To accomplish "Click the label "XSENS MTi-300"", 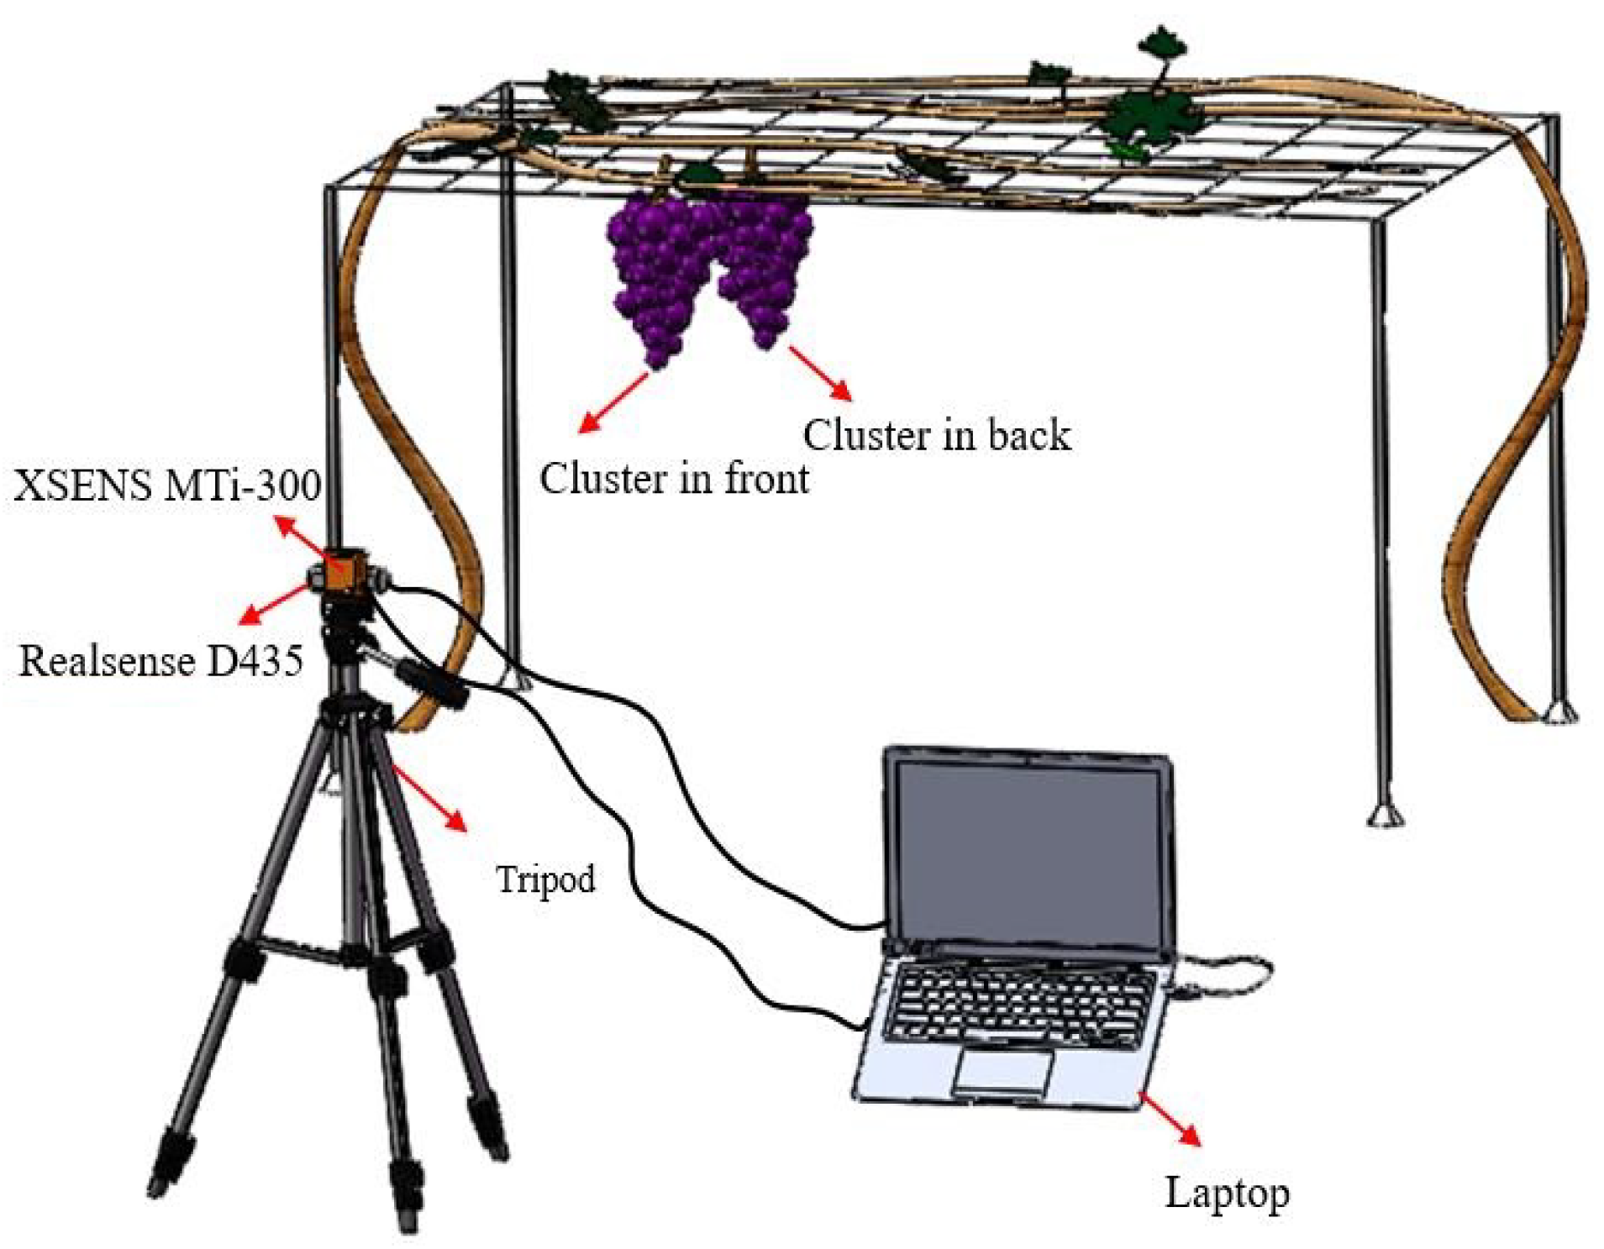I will coord(166,485).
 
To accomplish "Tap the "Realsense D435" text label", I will coord(160,661).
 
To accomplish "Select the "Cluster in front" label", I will coord(674,479).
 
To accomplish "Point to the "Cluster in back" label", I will coord(936,435).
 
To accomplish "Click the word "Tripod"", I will coord(545,879).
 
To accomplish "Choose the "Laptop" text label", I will coord(1226,1193).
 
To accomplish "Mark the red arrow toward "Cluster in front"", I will coord(614,402).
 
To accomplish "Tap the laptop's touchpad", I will coord(1002,1071).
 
